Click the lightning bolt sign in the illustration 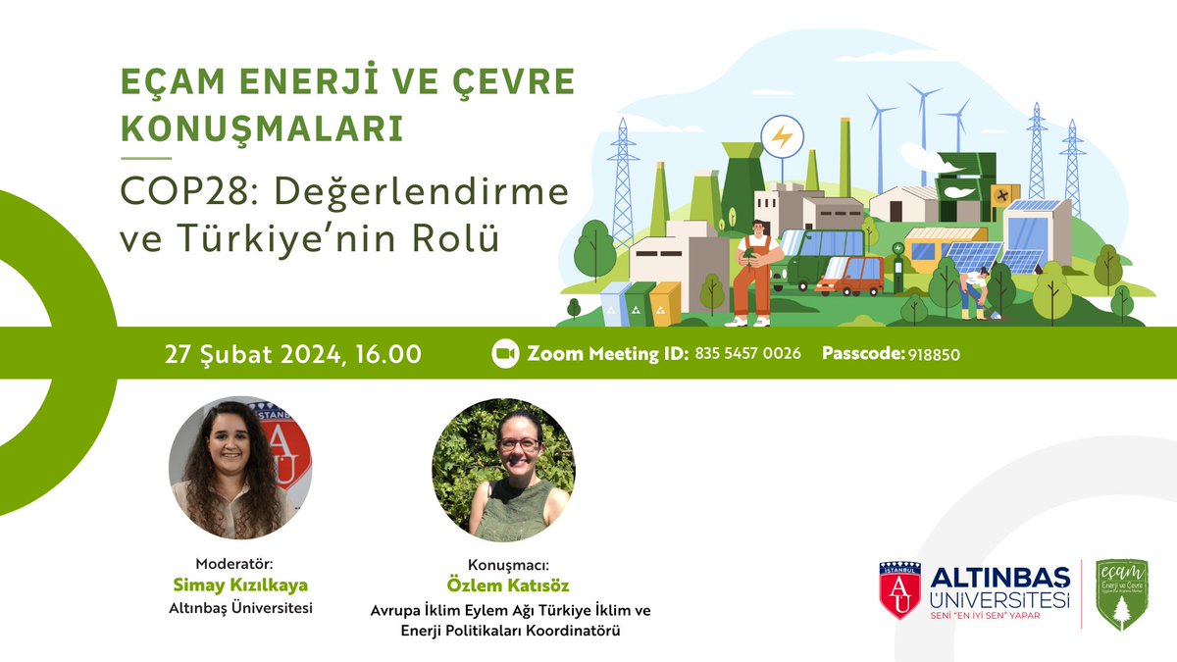[x=782, y=136]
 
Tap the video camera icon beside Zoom [x=504, y=353]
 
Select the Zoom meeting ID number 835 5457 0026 [x=747, y=353]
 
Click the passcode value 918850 [x=933, y=353]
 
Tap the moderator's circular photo [x=239, y=470]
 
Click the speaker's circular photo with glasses [x=503, y=470]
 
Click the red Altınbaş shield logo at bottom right [x=899, y=591]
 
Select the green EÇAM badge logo [x=1121, y=594]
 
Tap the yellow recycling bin [x=665, y=303]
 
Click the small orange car [x=849, y=276]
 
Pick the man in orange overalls [x=752, y=272]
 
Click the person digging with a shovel [x=973, y=291]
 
